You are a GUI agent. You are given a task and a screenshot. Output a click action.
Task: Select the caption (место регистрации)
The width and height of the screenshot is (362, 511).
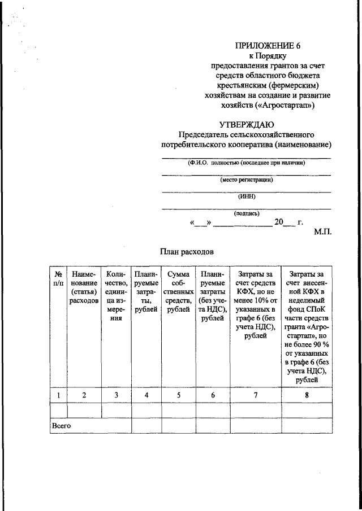click(247, 180)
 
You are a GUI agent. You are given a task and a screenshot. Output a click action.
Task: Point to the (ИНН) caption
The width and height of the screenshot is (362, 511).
click(247, 196)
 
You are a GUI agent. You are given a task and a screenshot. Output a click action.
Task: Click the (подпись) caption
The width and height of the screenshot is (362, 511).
click(247, 213)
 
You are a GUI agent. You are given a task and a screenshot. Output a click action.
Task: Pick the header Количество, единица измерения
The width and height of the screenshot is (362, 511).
click(116, 296)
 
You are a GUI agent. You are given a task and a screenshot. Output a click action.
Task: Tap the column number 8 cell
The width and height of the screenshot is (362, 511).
click(307, 395)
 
